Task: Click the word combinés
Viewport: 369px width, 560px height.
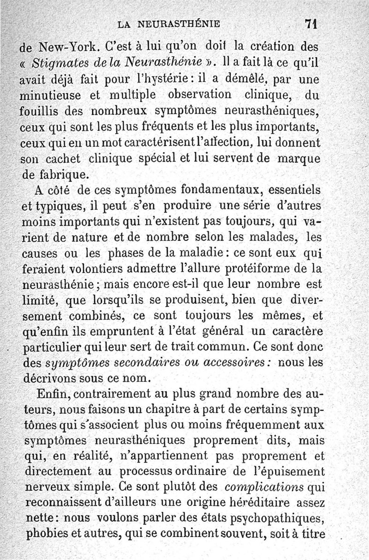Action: [x=95, y=316]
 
